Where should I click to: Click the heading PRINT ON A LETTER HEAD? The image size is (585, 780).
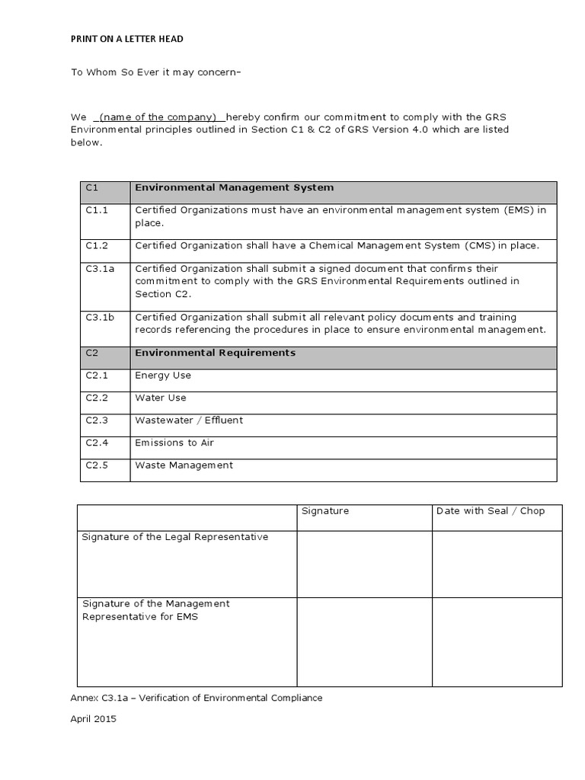tap(127, 39)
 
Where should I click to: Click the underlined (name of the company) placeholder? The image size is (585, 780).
tap(159, 117)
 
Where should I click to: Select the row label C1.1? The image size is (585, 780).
tap(97, 210)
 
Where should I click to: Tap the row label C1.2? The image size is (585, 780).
tap(97, 246)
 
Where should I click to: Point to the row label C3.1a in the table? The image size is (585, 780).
tap(99, 269)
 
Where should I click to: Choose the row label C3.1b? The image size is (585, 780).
tap(99, 318)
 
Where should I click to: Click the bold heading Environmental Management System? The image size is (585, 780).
tap(234, 187)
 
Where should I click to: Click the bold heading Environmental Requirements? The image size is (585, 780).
tap(215, 353)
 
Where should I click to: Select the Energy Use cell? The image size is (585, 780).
tap(163, 376)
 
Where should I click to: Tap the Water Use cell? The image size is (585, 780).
tap(161, 398)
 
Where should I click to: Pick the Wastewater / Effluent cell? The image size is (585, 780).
tap(189, 420)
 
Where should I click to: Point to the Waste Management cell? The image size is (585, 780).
tap(184, 465)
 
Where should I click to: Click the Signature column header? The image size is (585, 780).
tap(325, 511)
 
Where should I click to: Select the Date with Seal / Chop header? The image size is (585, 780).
tap(491, 511)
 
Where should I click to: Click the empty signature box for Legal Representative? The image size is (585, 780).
tap(364, 564)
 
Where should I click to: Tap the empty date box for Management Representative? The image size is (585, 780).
tap(497, 641)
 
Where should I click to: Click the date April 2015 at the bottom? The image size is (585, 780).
tap(94, 718)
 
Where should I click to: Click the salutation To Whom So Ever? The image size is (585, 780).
tap(156, 72)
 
